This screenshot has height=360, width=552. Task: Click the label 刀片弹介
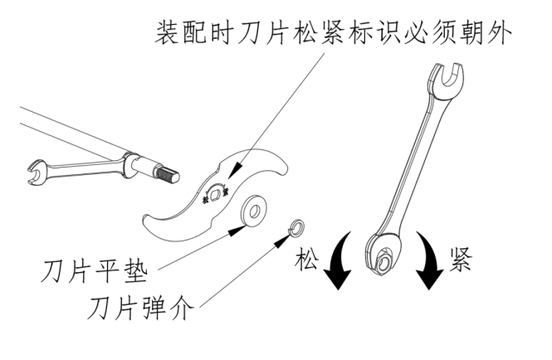141,309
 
